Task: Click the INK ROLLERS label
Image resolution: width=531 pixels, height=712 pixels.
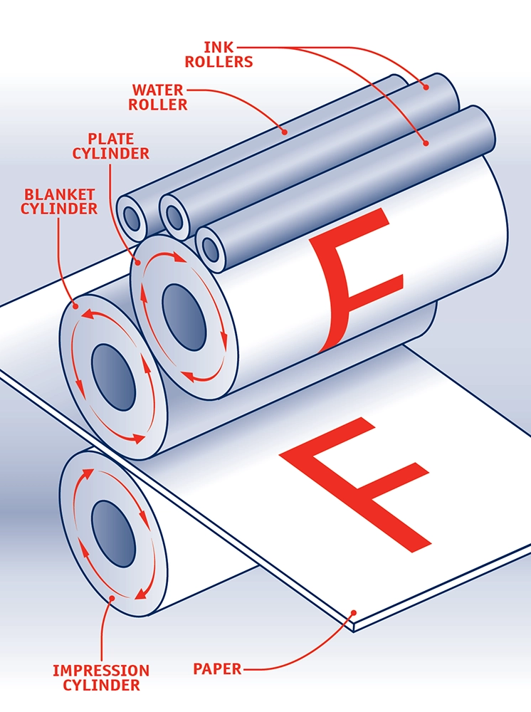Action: pos(219,54)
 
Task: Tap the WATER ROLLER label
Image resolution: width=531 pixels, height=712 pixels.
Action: pos(159,98)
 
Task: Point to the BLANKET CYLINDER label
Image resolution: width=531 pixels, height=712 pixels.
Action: pos(59,201)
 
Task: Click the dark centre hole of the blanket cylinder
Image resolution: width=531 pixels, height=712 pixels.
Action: pos(114,377)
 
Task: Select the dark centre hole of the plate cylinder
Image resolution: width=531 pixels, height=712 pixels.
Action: pos(184,308)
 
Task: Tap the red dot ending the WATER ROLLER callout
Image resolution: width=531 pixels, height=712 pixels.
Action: pos(284,132)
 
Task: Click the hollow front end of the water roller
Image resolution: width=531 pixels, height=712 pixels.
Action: pos(132,215)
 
